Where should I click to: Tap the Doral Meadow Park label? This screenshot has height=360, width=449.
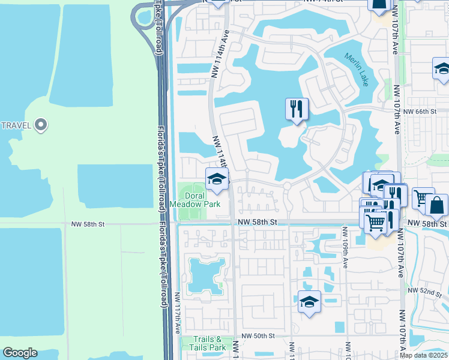tap(195, 200)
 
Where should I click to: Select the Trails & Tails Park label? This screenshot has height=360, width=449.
tap(208, 343)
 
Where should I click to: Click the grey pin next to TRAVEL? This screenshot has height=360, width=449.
tap(41, 125)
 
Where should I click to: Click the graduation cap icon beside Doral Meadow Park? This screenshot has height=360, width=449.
tap(217, 179)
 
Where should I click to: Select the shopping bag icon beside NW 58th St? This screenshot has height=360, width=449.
tap(436, 206)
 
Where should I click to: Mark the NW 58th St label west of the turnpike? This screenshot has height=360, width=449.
tap(88, 224)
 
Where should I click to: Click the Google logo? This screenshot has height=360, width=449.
tap(19, 353)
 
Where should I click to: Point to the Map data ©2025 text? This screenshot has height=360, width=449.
tap(424, 355)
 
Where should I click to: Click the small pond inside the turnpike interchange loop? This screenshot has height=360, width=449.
tap(145, 19)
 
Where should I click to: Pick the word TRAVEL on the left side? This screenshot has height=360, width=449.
tap(17, 125)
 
